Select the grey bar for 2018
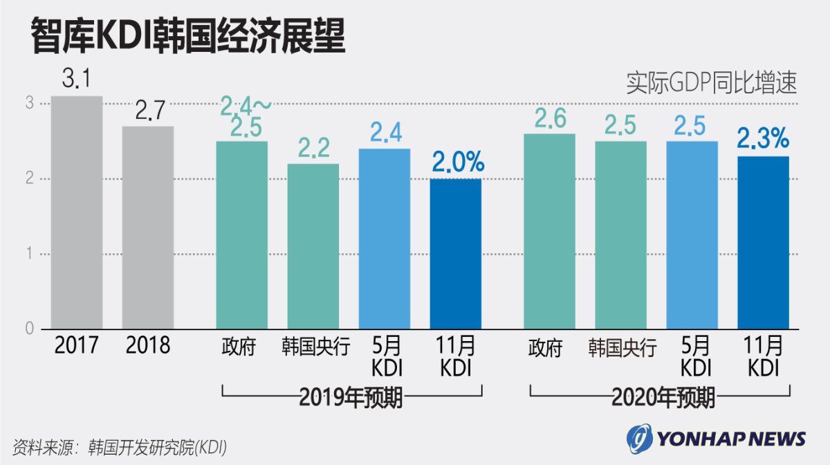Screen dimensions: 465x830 coord(148,228)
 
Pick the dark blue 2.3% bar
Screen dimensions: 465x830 coord(763,243)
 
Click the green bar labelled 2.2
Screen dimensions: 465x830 coord(313,246)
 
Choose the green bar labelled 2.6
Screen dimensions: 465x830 coord(550,231)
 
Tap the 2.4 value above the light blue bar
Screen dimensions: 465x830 coord(385,131)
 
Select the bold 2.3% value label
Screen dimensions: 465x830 coord(763,139)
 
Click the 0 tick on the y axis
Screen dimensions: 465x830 coord(30,328)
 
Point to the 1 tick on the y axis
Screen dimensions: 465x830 coord(30,254)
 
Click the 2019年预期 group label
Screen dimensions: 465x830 coord(351,399)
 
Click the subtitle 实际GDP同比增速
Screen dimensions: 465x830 coord(712,84)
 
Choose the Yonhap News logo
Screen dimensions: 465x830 coord(716,439)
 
